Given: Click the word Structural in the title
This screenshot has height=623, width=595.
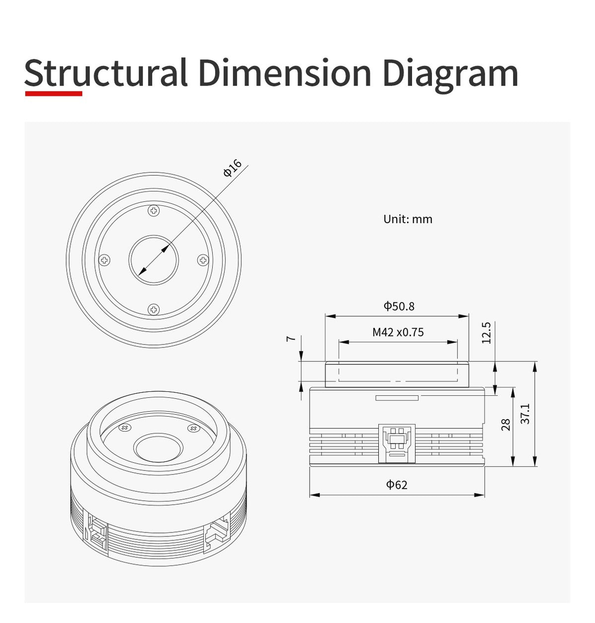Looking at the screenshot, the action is [105, 73].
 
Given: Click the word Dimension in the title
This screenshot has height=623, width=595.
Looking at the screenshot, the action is [285, 73].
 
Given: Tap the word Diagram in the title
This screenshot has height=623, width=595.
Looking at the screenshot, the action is [450, 76].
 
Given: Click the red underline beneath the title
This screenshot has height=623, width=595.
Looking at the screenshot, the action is [54, 93].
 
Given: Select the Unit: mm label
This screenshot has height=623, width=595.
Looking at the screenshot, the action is [408, 219].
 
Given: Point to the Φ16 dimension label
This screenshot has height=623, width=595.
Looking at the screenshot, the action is [232, 168].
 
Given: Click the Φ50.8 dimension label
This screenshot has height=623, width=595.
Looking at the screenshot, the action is [399, 306].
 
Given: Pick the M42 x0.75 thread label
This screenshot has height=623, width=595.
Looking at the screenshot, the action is [398, 332].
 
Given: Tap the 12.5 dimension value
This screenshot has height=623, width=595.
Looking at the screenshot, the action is [486, 333].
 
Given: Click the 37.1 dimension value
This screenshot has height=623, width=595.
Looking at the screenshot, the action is [525, 414].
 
